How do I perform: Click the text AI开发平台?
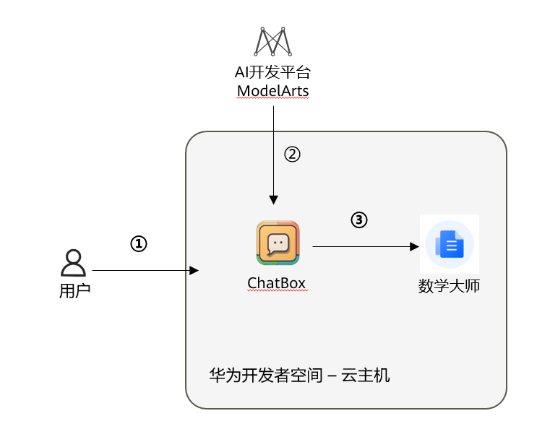(x=273, y=73)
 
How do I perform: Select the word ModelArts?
(x=273, y=91)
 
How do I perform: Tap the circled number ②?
(x=291, y=154)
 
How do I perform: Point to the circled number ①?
(x=138, y=244)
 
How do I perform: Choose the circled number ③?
(x=359, y=220)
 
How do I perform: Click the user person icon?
(x=73, y=263)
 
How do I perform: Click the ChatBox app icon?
(x=278, y=243)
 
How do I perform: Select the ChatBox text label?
(x=278, y=282)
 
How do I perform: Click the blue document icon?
(x=450, y=245)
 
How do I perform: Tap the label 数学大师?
(x=450, y=286)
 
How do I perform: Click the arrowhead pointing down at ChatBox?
(x=273, y=199)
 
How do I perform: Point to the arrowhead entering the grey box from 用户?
(x=194, y=271)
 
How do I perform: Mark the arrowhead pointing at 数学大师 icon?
(x=415, y=246)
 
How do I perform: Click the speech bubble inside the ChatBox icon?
(x=278, y=244)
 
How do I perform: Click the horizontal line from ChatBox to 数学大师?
(x=361, y=246)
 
